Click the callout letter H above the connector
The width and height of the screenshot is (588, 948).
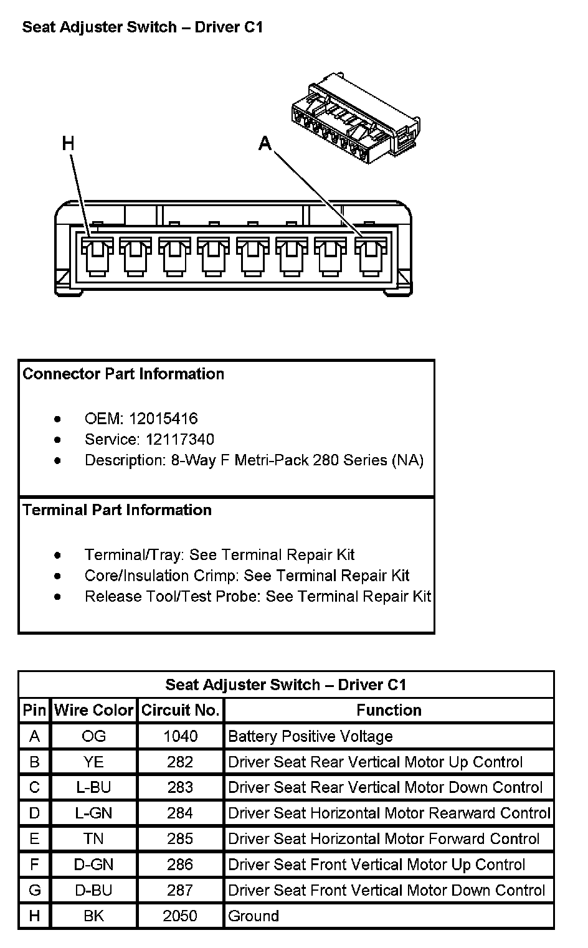coord(68,144)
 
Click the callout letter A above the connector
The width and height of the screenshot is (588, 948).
coord(265,144)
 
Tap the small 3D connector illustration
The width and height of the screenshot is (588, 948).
coord(355,118)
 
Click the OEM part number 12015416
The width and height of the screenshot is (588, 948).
coord(163,419)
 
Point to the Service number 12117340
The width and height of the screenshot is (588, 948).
coord(180,439)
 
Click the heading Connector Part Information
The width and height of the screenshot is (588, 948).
coord(123,374)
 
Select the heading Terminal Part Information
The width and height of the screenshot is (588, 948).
coord(117,510)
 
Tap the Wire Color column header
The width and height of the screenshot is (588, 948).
coord(93,710)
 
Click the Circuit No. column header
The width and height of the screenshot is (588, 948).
coord(180,710)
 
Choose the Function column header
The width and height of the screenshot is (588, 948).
coord(389,710)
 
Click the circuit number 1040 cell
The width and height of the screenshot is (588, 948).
coord(180,736)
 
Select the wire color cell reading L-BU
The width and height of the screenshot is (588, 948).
coord(93,787)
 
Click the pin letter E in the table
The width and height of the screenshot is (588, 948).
coord(34,839)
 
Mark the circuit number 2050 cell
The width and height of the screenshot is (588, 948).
coord(180,916)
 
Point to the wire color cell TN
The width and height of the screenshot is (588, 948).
coord(93,839)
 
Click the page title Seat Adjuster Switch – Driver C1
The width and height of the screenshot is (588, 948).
coord(143,27)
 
